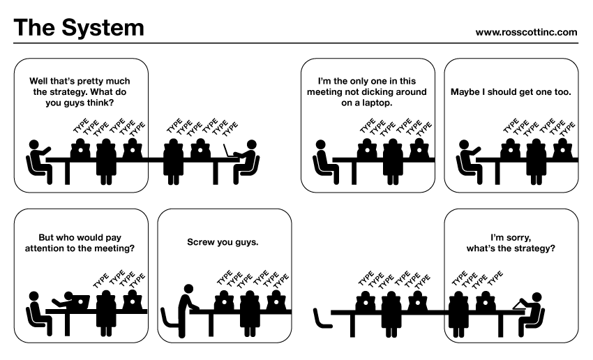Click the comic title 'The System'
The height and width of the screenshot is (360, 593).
pyautogui.click(x=79, y=28)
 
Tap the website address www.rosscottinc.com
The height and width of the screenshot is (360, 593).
pyautogui.click(x=526, y=31)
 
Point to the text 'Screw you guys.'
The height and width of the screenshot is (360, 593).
pyautogui.click(x=223, y=243)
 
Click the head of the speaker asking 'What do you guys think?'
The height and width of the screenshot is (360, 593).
pyautogui.click(x=33, y=145)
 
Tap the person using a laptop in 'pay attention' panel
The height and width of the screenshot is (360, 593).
pyautogui.click(x=66, y=301)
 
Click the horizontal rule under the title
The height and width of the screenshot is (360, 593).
pyautogui.click(x=296, y=43)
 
